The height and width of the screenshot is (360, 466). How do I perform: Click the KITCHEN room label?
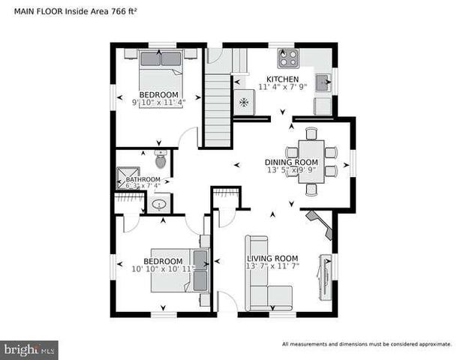[283, 79]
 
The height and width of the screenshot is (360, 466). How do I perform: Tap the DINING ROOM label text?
[291, 162]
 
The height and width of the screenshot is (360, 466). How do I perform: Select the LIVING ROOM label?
[272, 259]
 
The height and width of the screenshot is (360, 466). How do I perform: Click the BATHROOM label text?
[143, 180]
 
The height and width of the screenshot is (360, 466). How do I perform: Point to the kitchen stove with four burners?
[287, 58]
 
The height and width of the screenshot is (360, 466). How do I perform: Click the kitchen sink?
[323, 83]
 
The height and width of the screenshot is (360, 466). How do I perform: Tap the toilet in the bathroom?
[161, 159]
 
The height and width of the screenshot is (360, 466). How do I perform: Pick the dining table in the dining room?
[311, 161]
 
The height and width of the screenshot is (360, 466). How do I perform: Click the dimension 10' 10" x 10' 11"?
[162, 268]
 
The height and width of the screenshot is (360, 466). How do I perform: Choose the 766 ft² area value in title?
[123, 12]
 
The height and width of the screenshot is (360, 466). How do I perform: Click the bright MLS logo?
[29, 349]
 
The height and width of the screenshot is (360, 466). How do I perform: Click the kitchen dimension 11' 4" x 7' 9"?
[283, 87]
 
